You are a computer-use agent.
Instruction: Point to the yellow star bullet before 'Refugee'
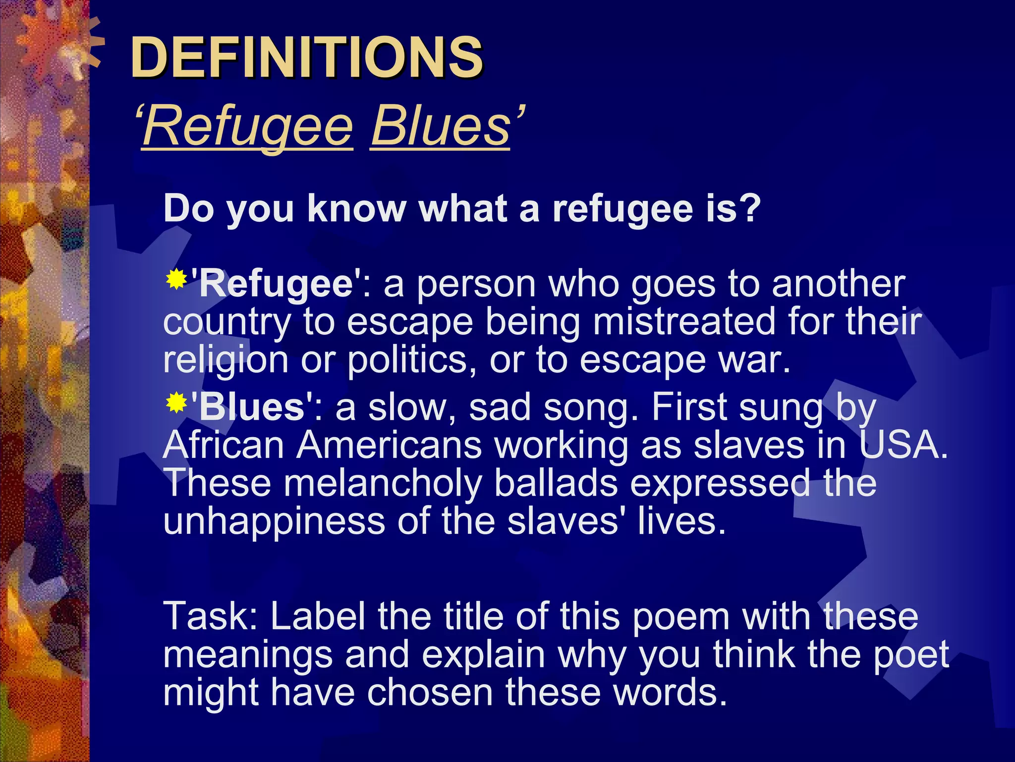point(176,280)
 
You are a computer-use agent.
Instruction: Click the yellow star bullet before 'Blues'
point(176,403)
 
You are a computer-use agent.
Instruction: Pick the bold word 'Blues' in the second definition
point(252,407)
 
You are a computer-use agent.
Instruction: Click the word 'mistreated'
point(684,321)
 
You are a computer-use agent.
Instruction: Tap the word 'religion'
point(226,360)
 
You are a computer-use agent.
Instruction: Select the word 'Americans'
point(389,445)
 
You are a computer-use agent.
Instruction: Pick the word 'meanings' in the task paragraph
point(247,655)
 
